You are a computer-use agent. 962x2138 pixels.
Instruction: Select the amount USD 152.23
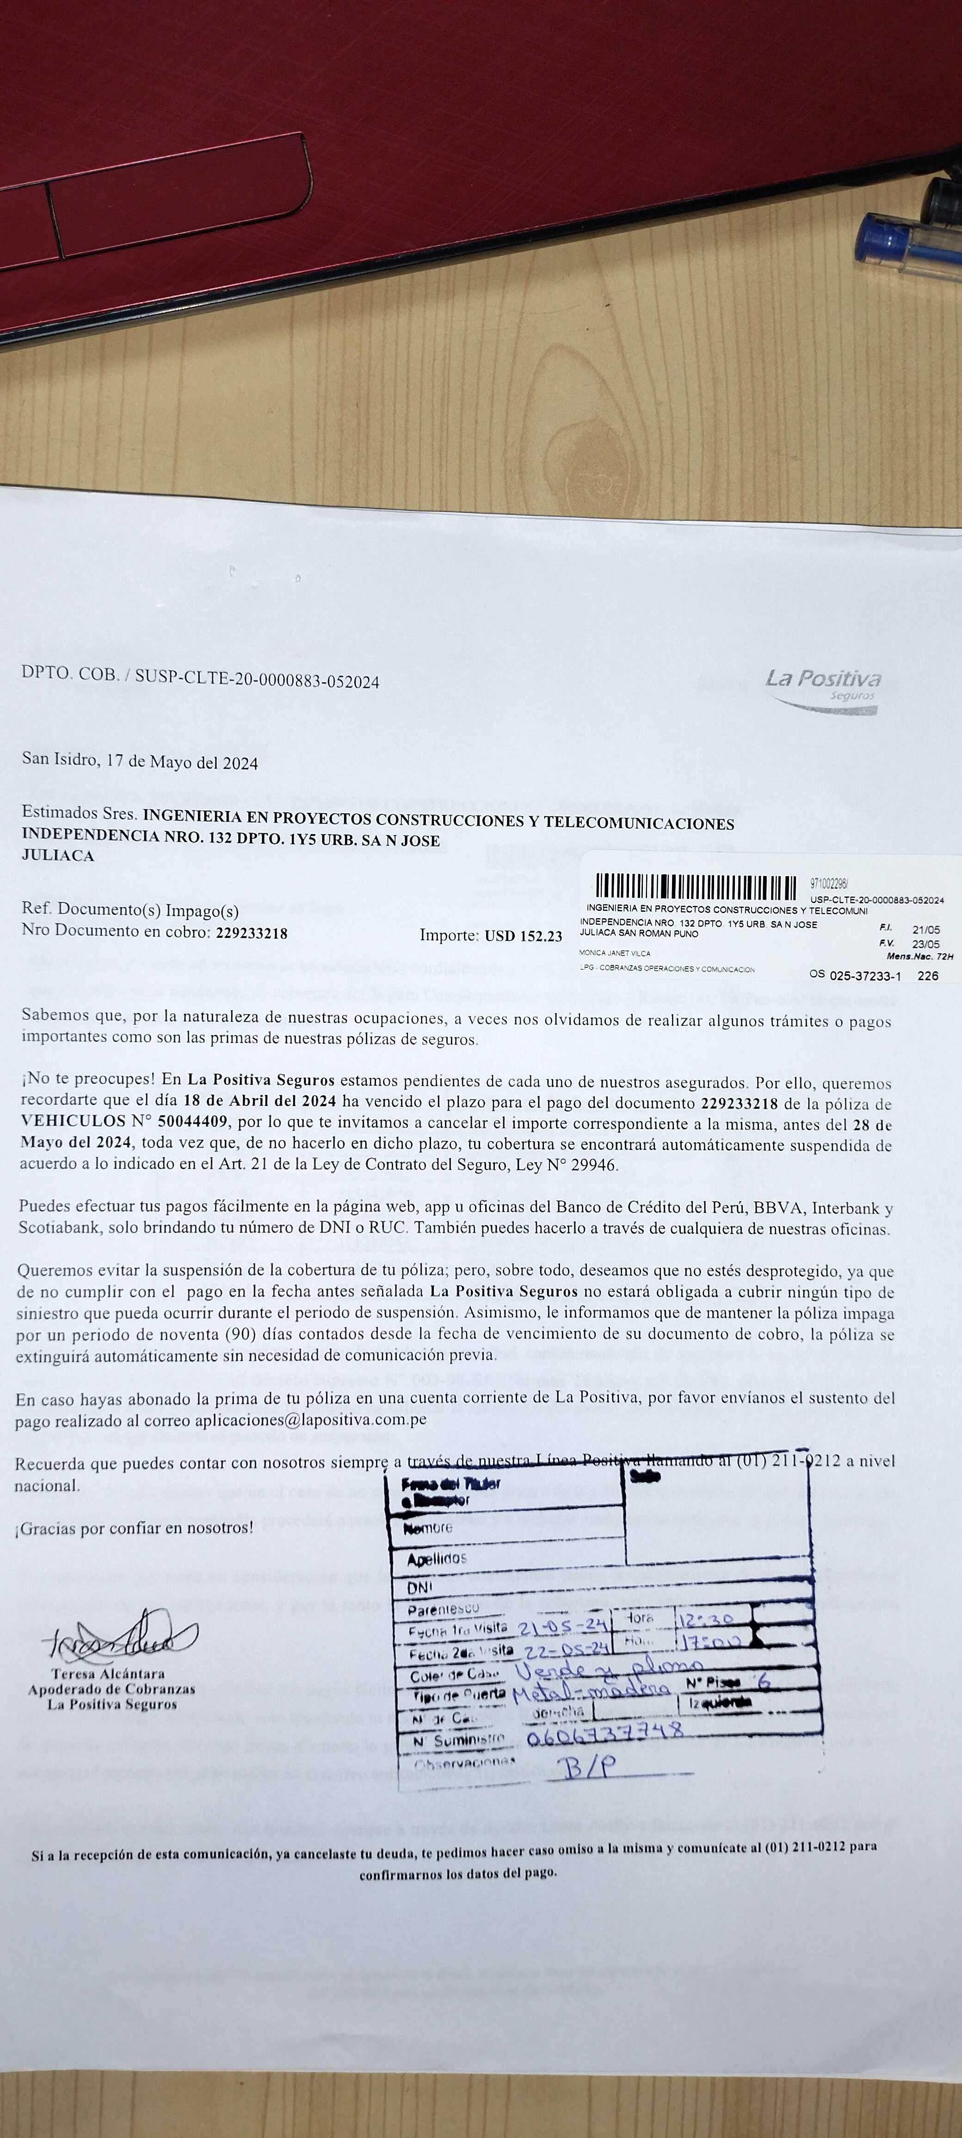point(523,936)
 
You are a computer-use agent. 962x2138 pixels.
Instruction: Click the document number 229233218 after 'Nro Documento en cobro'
point(252,933)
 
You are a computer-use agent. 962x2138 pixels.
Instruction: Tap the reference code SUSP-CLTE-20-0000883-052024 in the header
point(257,682)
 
